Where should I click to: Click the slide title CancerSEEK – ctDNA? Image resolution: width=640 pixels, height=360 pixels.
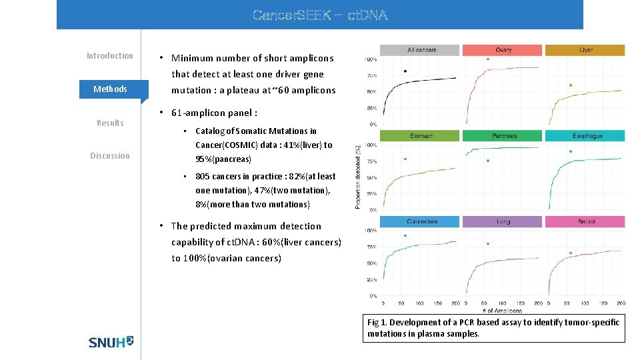[320, 15]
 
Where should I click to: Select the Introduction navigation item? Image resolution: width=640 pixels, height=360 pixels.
[110, 56]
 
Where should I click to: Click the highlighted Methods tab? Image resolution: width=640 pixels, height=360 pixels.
[110, 89]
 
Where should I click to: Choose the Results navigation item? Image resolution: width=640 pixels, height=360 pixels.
[110, 123]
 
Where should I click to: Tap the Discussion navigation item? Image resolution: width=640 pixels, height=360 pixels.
[110, 156]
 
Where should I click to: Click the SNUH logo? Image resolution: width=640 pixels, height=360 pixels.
[111, 341]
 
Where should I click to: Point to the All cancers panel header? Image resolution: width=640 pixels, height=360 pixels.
[419, 50]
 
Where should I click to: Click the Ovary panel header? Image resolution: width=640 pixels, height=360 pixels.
[503, 50]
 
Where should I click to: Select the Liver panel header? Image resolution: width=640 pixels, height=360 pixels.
[585, 50]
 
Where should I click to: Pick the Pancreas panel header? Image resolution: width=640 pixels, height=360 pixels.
[503, 136]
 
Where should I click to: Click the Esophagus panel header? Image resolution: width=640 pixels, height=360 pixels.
[585, 136]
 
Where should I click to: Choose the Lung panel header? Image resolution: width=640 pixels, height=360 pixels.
[503, 221]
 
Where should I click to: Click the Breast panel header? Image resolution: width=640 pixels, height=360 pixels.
[585, 221]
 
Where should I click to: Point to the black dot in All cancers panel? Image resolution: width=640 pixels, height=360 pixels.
[405, 71]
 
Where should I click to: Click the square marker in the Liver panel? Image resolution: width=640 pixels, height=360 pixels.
[571, 85]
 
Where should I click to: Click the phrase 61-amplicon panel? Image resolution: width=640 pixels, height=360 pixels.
[214, 113]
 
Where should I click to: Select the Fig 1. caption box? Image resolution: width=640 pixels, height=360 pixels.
[494, 328]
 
